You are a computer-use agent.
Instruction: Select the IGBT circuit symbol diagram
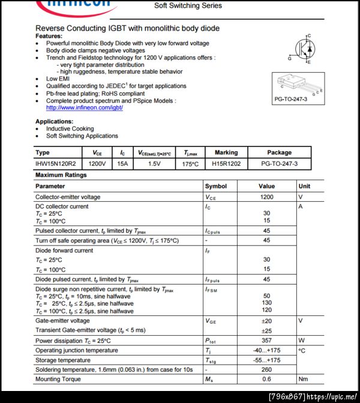305,49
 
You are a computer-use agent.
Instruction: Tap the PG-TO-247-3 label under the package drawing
290,98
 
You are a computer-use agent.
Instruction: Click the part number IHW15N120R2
58,163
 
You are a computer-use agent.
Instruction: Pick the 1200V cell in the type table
97,163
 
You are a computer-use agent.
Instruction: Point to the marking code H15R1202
226,163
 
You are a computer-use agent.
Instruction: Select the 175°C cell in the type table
191,163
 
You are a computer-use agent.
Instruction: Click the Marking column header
226,153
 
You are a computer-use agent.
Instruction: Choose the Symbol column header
216,186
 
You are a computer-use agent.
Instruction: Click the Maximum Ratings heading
61,175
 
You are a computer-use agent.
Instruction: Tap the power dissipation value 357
266,341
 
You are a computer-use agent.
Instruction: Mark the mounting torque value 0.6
266,379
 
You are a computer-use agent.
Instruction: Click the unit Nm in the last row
304,379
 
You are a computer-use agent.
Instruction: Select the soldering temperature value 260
266,369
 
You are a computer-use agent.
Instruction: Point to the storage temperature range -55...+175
266,360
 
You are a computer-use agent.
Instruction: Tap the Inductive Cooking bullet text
70,129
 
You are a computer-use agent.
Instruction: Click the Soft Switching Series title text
188,5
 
